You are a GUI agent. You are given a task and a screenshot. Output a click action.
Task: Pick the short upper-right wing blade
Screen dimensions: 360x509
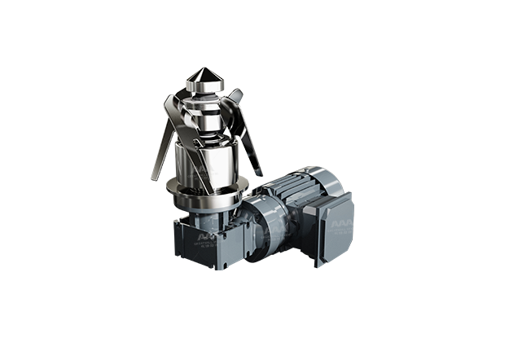tap(235, 97)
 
